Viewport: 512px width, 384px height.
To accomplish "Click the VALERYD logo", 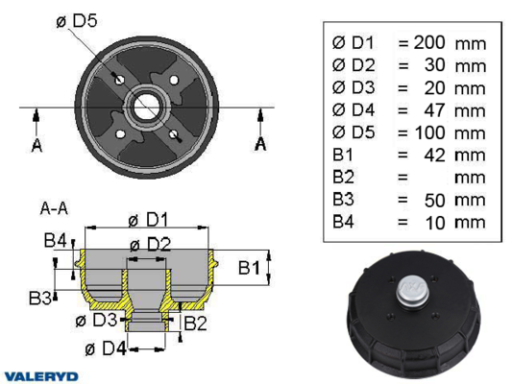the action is [x=41, y=376].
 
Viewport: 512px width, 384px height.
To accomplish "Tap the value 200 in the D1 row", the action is [x=429, y=42].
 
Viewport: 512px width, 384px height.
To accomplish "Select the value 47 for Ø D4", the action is [x=434, y=110].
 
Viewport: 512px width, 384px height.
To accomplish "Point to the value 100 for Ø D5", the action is [x=430, y=132].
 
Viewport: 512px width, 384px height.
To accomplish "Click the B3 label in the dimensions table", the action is [x=343, y=199].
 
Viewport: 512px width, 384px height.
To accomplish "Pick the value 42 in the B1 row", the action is [x=434, y=156].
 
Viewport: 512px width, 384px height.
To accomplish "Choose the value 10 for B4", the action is [x=435, y=223].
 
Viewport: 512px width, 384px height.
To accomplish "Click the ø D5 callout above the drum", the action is [x=77, y=20].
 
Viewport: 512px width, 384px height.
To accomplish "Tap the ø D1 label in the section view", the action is [x=148, y=220].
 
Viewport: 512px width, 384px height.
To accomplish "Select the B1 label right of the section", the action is [x=249, y=268].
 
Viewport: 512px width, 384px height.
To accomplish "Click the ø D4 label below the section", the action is [x=106, y=348].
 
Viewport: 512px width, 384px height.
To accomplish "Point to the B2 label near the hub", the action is [x=195, y=323].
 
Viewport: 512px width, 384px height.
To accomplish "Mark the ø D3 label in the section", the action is [x=96, y=320].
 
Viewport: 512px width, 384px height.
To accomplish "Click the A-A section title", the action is [x=54, y=208].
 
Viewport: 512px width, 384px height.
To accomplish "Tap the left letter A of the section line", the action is [x=37, y=145].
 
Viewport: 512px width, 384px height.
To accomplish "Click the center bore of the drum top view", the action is [x=146, y=108].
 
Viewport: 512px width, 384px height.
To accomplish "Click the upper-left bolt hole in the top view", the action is [x=119, y=80].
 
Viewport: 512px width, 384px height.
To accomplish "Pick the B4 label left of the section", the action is [x=55, y=240].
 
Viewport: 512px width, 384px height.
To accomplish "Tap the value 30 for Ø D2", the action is [x=434, y=65].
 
